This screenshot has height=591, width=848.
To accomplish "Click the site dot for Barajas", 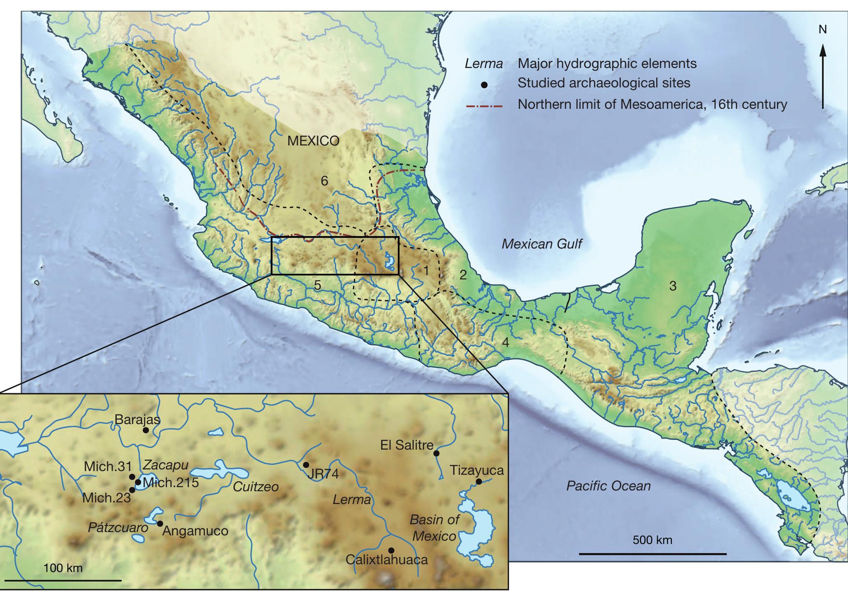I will [145, 430].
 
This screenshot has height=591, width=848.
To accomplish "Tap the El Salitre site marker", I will [436, 453].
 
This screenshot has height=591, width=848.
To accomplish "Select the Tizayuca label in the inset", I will [476, 470].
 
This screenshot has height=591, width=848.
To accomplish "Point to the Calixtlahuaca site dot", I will [391, 550].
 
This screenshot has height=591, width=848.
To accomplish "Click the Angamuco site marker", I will [160, 523].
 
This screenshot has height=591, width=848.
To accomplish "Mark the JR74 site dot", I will [306, 464].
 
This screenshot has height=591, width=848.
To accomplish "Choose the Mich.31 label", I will [108, 467].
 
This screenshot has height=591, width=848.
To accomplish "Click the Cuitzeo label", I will [256, 487].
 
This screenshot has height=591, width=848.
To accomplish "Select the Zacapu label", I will [165, 465].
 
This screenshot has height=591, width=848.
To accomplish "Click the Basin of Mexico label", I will [434, 528].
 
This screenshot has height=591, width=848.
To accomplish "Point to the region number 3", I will [673, 286].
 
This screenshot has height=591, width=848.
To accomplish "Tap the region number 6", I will [325, 181].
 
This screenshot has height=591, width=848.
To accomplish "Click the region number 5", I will [317, 285].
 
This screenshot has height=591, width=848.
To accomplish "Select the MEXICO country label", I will [313, 141].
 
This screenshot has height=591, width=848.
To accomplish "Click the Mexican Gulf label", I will [542, 244].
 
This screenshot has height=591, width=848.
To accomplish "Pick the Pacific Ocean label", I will [608, 486].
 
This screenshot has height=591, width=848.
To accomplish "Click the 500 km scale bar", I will [652, 554].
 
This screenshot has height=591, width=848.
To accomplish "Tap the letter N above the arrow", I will [822, 30].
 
